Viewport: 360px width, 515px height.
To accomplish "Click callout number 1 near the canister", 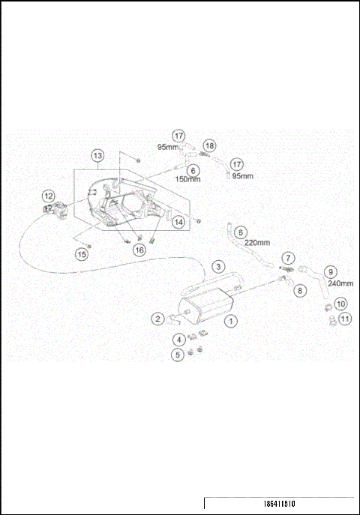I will coord(232,319).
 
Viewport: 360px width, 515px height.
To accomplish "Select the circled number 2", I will coord(157,319).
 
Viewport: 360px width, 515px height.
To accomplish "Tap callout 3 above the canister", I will coord(217,266).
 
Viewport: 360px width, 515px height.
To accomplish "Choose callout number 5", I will coord(177,354).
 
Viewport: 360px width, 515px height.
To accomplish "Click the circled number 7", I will coord(289,258).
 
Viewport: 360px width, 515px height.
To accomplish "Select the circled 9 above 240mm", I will coord(328,271).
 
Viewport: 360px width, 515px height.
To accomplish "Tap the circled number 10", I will coord(340,304).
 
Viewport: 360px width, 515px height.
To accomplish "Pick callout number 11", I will coord(344,319).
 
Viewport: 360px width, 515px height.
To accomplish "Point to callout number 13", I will coord(97,156).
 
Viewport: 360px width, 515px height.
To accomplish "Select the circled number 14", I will coord(178,222).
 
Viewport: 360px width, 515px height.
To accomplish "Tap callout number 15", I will coord(82,254).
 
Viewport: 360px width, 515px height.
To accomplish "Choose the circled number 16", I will coord(139,250).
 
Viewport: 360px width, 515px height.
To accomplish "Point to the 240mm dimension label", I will coord(342,284).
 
